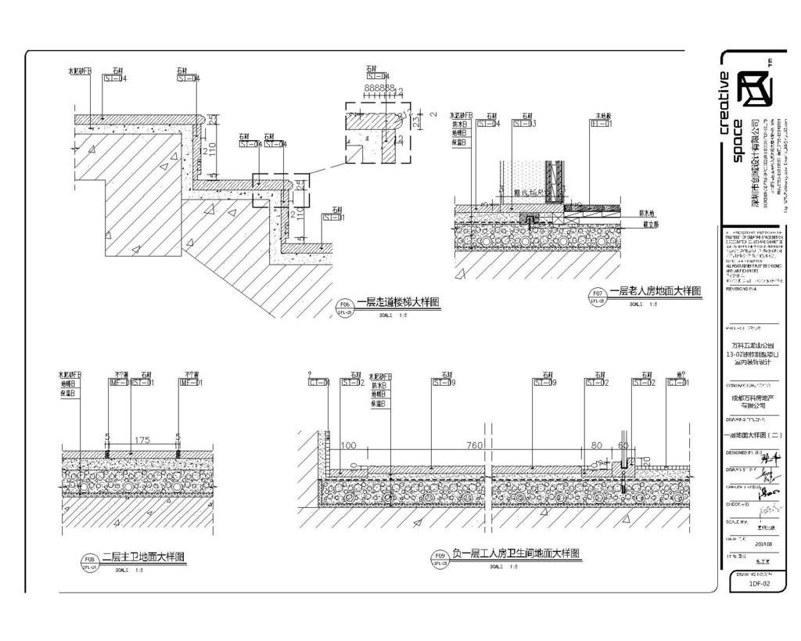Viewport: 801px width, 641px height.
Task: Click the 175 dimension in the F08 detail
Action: pos(142,440)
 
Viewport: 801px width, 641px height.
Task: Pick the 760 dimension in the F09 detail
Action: pos(474,445)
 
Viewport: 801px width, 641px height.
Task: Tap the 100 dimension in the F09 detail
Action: pos(349,445)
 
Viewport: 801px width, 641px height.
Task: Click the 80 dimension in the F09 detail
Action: pos(597,445)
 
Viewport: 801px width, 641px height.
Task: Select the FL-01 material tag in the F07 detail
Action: pos(602,123)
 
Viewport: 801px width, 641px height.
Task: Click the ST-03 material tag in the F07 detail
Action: pos(525,123)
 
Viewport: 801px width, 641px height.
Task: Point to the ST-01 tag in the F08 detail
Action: pos(143,383)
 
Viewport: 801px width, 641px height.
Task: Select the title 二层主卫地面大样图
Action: pos(144,557)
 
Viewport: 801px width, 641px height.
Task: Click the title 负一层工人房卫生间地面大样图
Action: pos(515,553)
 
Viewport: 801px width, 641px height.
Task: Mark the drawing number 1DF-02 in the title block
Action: pos(760,583)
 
